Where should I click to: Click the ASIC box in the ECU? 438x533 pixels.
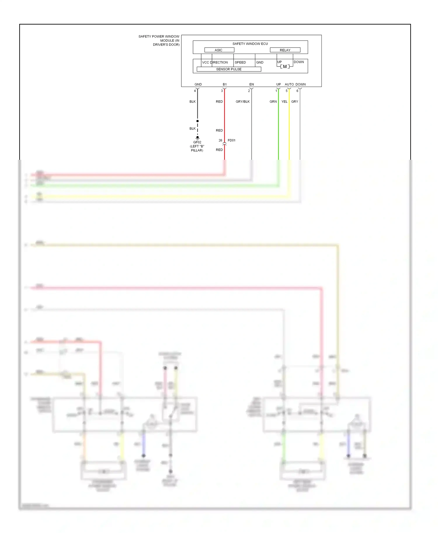coord(219,50)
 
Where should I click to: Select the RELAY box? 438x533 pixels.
coord(285,50)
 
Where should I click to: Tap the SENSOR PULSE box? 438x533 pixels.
coord(229,69)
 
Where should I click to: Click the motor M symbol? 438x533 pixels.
coord(285,66)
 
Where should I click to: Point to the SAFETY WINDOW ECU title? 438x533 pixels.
coord(250,44)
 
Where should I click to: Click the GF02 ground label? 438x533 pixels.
coord(197,142)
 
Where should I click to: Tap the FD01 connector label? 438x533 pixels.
coord(232,140)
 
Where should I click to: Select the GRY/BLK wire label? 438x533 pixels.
coord(243,101)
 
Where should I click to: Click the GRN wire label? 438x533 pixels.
coord(273,101)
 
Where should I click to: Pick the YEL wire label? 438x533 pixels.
coord(284,101)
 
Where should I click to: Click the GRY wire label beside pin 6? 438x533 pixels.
coord(295,101)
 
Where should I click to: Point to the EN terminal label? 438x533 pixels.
coord(251,84)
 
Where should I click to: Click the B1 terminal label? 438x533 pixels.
coord(225,84)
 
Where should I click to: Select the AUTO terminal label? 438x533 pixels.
coord(289,84)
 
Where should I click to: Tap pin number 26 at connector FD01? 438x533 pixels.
coord(220,140)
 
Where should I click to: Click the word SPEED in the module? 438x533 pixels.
coord(240,62)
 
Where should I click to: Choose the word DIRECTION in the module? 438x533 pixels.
coord(219,62)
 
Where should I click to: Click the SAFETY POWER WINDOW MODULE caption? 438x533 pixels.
coord(159,41)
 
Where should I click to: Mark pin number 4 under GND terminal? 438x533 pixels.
coord(195,91)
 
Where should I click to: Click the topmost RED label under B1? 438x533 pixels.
coord(219,101)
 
